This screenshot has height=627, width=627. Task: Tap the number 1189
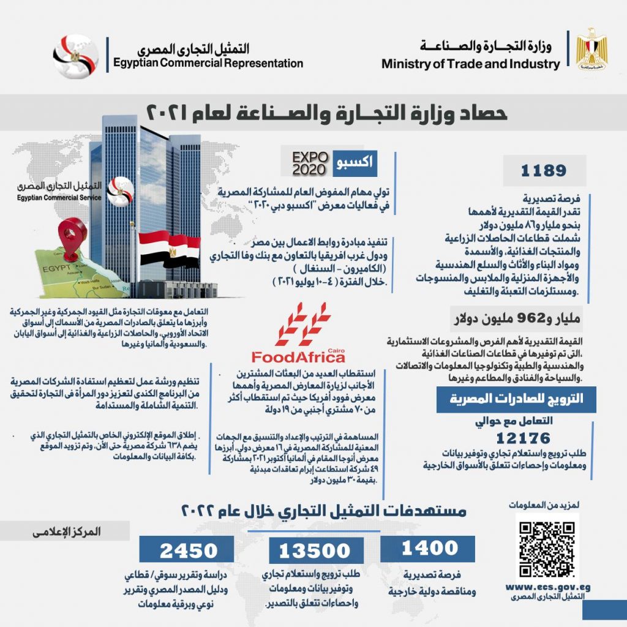[x=544, y=171]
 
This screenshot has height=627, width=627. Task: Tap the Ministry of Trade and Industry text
[x=470, y=64]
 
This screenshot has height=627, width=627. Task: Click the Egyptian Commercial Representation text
[x=208, y=62]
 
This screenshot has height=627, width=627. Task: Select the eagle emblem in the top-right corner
[x=592, y=50]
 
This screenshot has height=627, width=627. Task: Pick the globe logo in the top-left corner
[x=75, y=55]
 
